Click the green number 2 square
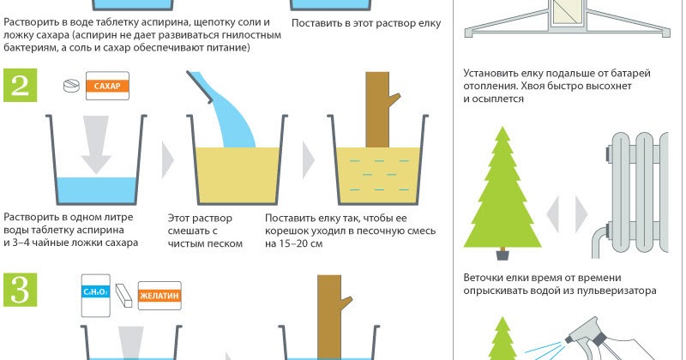point(20,85)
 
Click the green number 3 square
point(20,290)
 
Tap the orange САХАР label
point(107,86)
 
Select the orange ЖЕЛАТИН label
point(159,296)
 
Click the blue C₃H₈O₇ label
point(96,291)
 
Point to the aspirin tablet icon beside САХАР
point(72,86)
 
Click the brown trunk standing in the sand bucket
point(379,110)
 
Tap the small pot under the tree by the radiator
point(502,254)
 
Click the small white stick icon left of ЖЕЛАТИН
point(123,295)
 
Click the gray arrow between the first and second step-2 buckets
point(167,160)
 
